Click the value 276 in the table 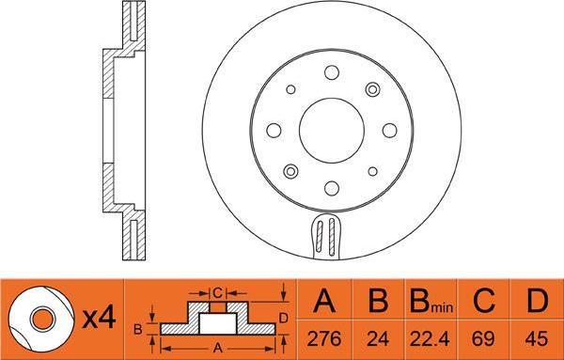324,338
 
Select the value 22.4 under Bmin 430,338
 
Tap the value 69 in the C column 483,338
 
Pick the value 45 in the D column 537,338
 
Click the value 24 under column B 378,338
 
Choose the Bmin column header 431,301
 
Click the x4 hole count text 99,319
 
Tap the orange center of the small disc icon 43,320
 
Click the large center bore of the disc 332,131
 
